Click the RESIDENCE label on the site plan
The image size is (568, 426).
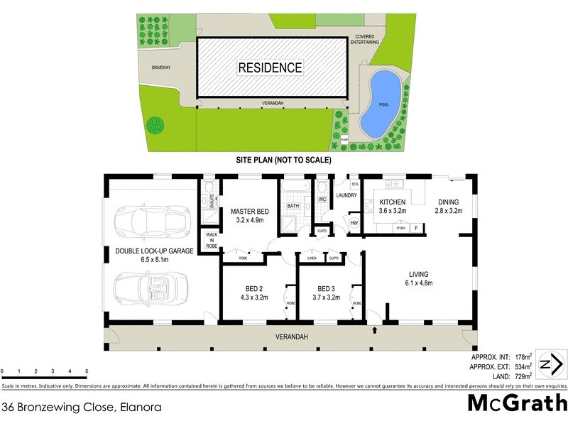270,68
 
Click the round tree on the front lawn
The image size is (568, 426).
155,126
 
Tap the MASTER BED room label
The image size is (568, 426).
249,212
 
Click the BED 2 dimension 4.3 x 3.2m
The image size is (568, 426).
253,298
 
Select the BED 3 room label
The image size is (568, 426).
326,289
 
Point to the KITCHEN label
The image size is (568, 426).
392,202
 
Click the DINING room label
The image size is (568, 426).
448,202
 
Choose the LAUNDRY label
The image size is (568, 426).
346,196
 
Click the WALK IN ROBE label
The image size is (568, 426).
212,239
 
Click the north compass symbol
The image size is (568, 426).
550,366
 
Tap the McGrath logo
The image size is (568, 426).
516,404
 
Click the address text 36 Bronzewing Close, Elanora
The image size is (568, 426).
81,408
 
